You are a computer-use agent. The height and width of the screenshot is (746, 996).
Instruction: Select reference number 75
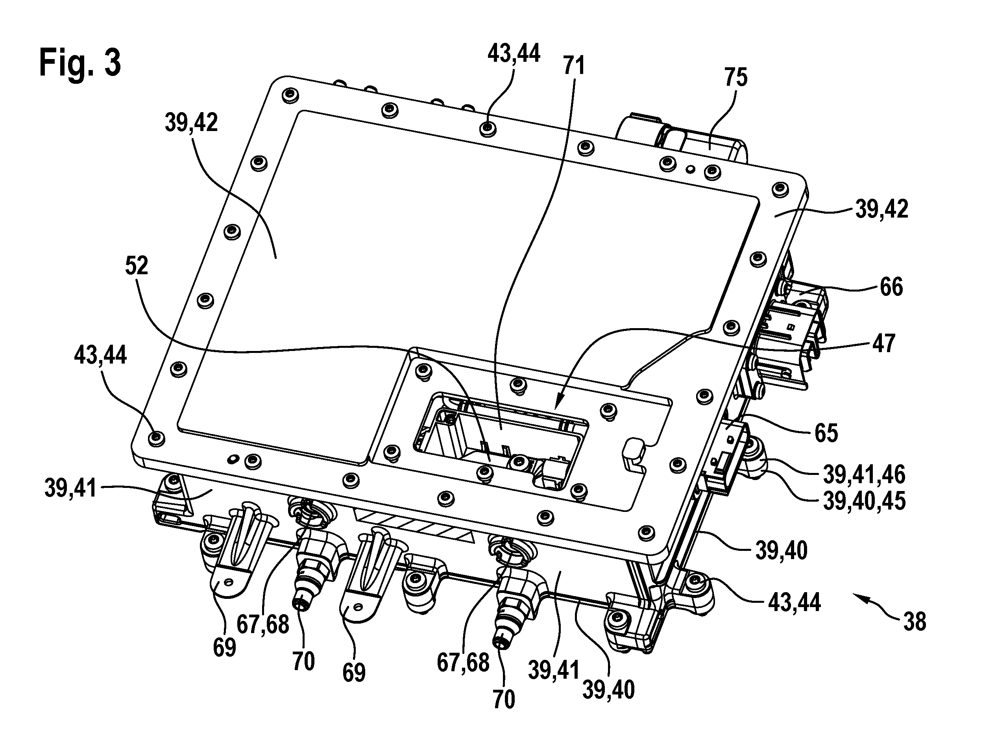coord(736,78)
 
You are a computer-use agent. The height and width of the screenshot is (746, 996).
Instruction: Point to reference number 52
coord(137,266)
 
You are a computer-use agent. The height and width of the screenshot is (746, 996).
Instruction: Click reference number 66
coord(891,287)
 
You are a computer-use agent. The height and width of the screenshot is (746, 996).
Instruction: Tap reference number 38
coord(915,622)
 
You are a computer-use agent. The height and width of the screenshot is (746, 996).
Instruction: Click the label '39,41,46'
coord(864,475)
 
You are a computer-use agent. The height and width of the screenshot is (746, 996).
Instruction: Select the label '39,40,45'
coord(864,500)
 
